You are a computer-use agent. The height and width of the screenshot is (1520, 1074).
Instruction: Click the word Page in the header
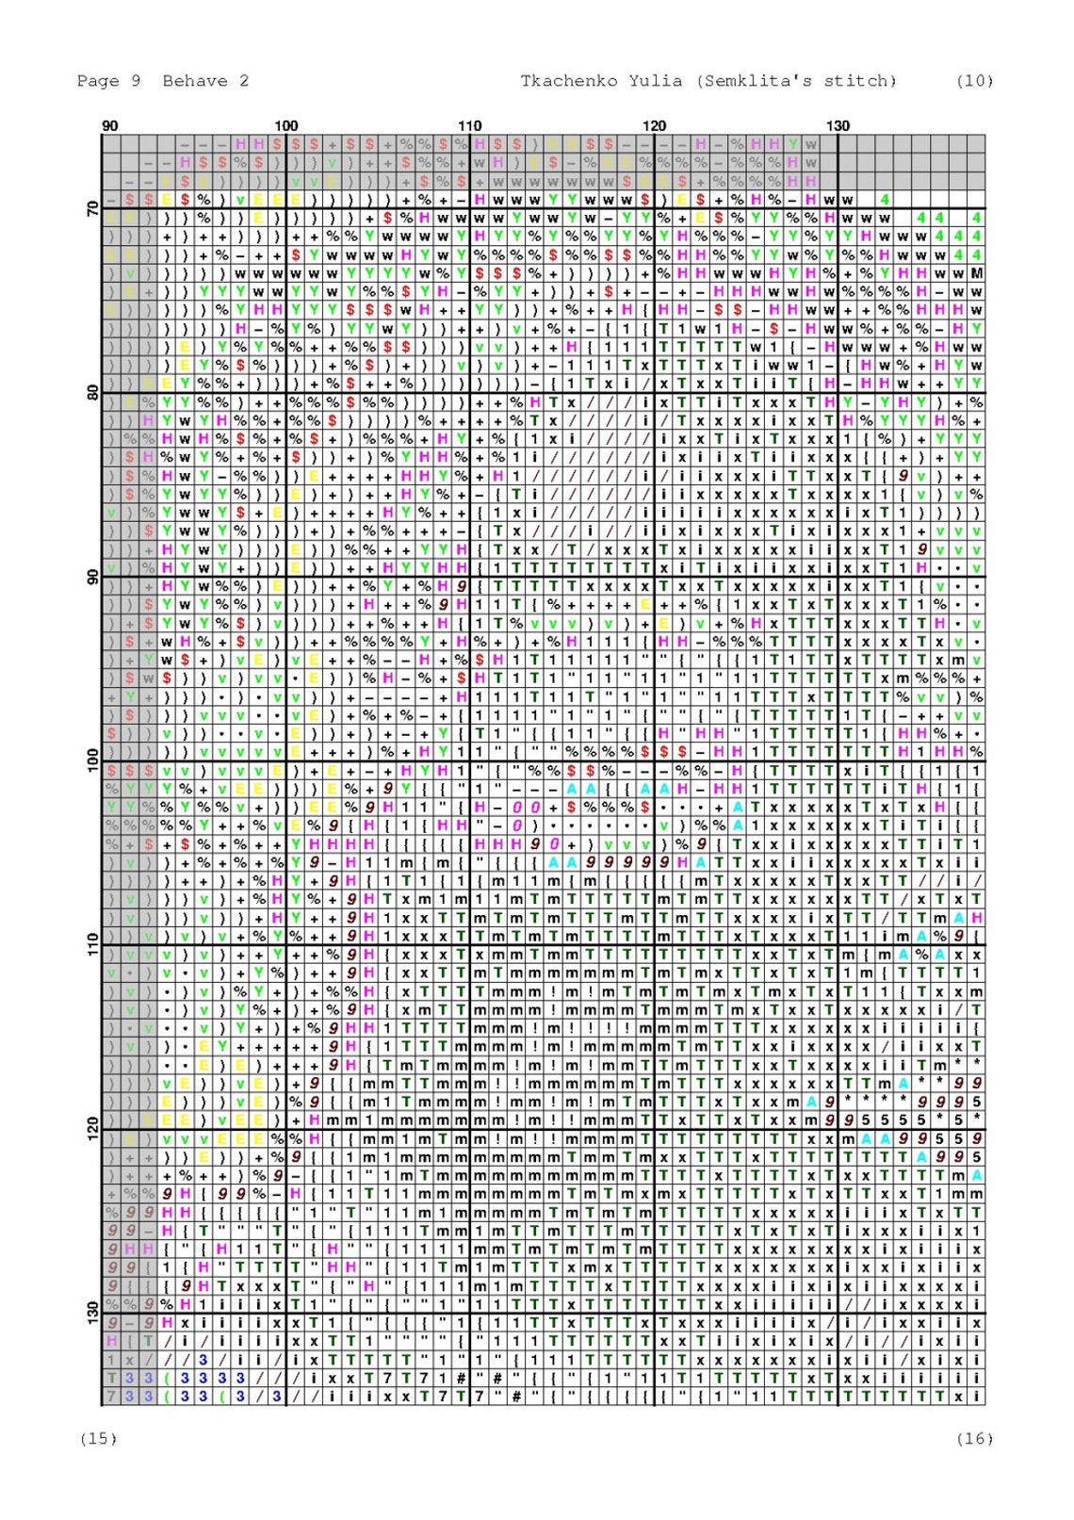click(97, 81)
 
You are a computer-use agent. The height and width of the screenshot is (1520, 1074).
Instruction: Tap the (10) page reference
click(974, 81)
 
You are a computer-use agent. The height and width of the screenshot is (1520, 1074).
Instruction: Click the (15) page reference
click(99, 1438)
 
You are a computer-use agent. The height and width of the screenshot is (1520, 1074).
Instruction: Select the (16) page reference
click(974, 1438)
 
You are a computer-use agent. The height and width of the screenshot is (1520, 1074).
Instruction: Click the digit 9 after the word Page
click(136, 81)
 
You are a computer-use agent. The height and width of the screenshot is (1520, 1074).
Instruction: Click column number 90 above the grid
click(110, 125)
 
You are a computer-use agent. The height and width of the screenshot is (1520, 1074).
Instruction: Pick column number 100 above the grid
click(285, 125)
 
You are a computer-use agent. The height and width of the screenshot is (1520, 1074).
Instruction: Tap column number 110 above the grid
click(469, 125)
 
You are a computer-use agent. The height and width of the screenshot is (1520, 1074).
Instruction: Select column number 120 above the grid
click(654, 125)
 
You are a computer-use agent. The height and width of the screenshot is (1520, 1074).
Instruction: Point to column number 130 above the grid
click(838, 125)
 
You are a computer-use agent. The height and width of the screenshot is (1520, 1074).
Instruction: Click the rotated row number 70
click(92, 208)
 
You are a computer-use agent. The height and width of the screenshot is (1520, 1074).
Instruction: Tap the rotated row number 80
click(92, 392)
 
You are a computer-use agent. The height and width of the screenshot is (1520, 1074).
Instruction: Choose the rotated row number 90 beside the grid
click(92, 576)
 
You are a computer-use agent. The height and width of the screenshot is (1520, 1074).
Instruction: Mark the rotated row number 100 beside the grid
click(92, 760)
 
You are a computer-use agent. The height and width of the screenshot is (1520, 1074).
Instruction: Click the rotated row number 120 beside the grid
click(92, 1127)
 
